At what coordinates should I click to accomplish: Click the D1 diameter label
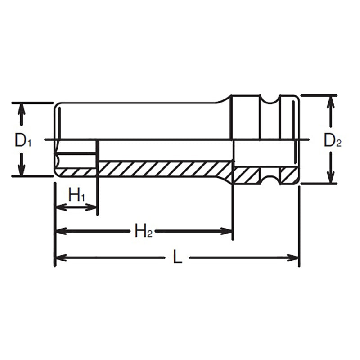click(x=22, y=140)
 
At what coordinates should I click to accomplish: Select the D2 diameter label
click(x=333, y=141)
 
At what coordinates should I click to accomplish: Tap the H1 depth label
click(x=76, y=195)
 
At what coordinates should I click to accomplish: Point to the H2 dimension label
click(x=144, y=231)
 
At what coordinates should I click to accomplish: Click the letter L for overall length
click(x=178, y=258)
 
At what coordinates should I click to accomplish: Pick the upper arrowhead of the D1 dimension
click(x=20, y=108)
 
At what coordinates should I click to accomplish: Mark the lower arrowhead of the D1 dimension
click(x=20, y=171)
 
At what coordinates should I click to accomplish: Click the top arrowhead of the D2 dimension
click(x=331, y=100)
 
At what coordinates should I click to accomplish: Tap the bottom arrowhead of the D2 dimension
click(x=331, y=179)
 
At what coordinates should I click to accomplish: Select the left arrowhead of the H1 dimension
click(x=59, y=207)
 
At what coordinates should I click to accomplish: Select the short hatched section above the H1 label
click(x=76, y=172)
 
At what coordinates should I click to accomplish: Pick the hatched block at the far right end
click(x=289, y=175)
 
